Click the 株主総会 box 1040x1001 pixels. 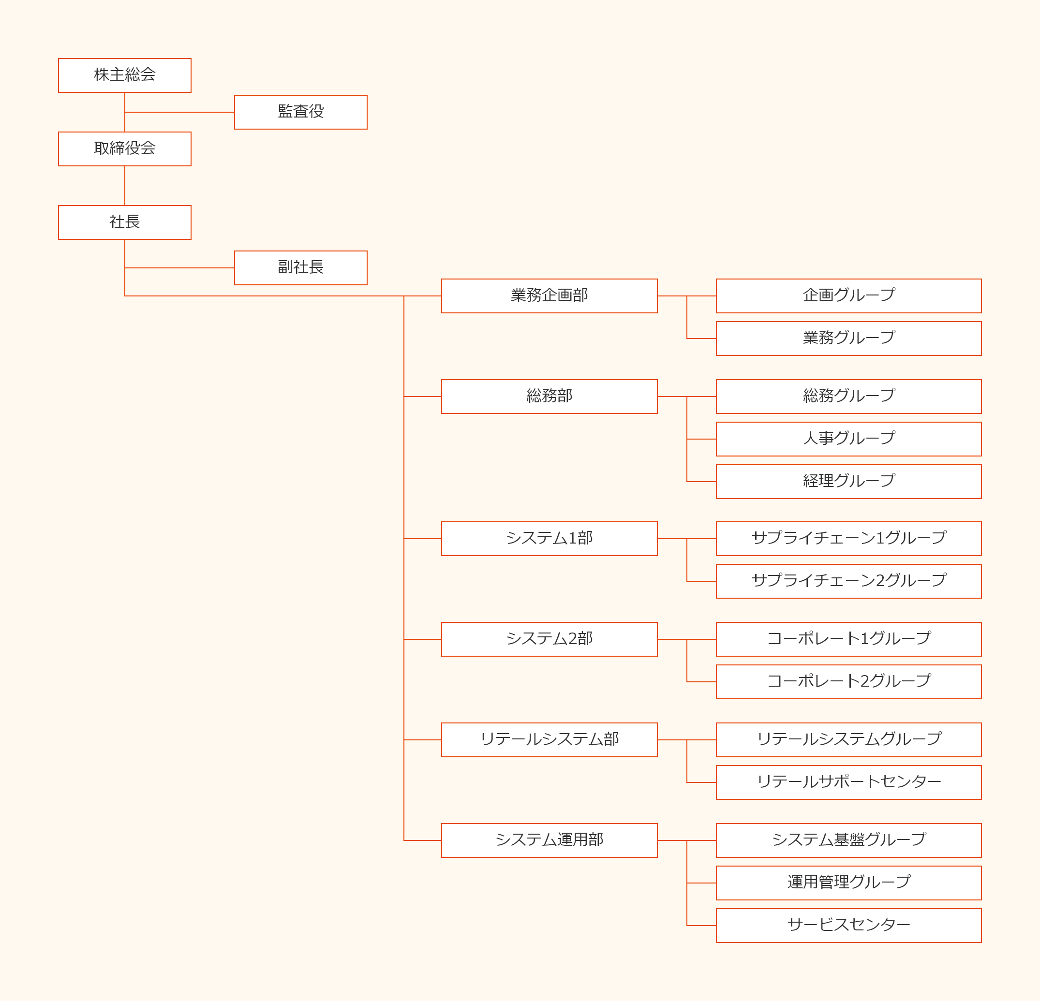click(125, 75)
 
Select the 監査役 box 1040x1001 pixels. click(301, 112)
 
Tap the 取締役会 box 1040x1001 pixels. click(125, 148)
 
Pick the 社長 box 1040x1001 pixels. click(125, 222)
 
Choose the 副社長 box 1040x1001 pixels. click(301, 268)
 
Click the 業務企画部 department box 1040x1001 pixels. click(549, 296)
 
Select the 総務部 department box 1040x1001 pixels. click(549, 396)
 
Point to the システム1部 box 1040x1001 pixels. click(549, 538)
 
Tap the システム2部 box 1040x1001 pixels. click(549, 639)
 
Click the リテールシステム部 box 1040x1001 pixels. click(549, 739)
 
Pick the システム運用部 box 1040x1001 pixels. click(549, 840)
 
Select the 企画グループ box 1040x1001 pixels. click(849, 296)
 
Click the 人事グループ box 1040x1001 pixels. click(849, 439)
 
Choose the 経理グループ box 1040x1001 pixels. click(849, 482)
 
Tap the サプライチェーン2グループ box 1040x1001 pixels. click(849, 581)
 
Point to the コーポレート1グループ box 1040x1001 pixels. click(849, 639)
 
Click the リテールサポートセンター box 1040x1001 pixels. click(849, 782)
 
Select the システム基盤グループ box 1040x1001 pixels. click(849, 840)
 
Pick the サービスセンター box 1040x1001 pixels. click(849, 926)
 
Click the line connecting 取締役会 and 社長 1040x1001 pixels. click(125, 186)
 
